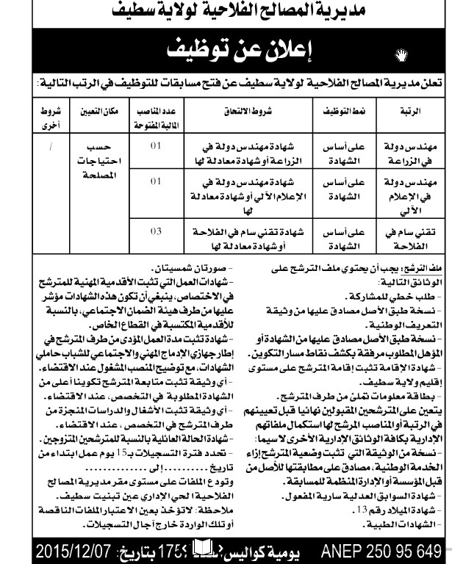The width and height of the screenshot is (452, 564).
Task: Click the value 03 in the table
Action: [154, 233]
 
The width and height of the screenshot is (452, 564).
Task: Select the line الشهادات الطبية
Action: [394, 527]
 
